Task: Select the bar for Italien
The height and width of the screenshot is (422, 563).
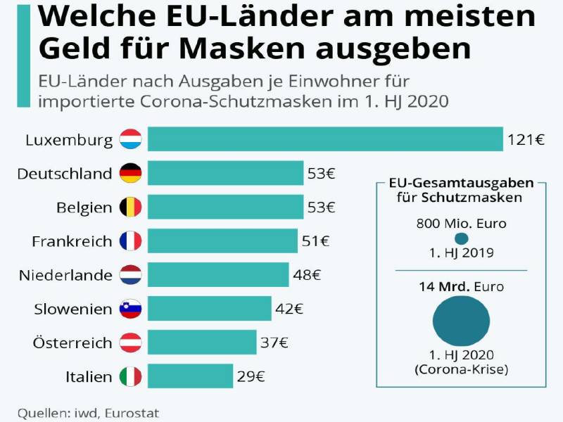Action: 190,376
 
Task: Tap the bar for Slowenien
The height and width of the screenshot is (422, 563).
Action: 209,308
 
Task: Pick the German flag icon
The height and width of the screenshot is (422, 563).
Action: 131,173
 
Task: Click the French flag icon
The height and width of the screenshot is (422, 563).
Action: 131,241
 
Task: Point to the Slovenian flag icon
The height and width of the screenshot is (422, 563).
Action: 131,309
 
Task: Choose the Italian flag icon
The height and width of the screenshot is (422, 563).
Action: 131,376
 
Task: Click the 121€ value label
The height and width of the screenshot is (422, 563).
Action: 526,139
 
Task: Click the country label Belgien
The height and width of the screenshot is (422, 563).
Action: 84,207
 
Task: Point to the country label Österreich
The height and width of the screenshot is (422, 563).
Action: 72,343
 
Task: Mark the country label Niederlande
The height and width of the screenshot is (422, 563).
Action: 65,275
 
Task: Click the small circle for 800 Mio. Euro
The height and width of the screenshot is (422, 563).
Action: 461,238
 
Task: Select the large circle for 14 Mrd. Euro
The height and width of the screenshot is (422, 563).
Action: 461,320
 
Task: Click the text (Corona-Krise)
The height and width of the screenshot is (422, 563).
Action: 461,369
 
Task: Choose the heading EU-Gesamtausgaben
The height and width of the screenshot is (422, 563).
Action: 461,183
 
